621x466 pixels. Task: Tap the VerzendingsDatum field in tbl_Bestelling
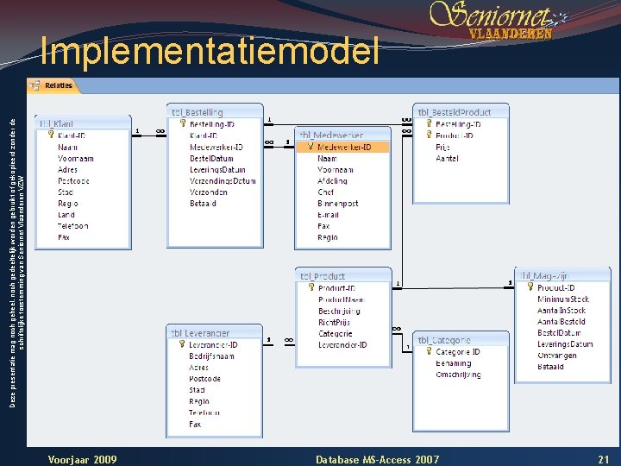tap(223, 181)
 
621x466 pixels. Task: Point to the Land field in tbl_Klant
tap(66, 215)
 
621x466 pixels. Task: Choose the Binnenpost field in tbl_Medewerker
tap(338, 204)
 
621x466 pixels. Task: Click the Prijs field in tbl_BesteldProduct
tap(443, 148)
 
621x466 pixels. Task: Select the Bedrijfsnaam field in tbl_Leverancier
tap(211, 356)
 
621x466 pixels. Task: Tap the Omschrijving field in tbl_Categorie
tap(458, 375)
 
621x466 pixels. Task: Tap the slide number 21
tap(603, 458)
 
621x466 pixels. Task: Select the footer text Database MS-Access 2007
tap(378, 458)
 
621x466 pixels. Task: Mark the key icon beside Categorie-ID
tap(429, 352)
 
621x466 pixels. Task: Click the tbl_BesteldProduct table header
tap(455, 112)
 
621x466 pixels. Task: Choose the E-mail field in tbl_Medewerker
tap(329, 215)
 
